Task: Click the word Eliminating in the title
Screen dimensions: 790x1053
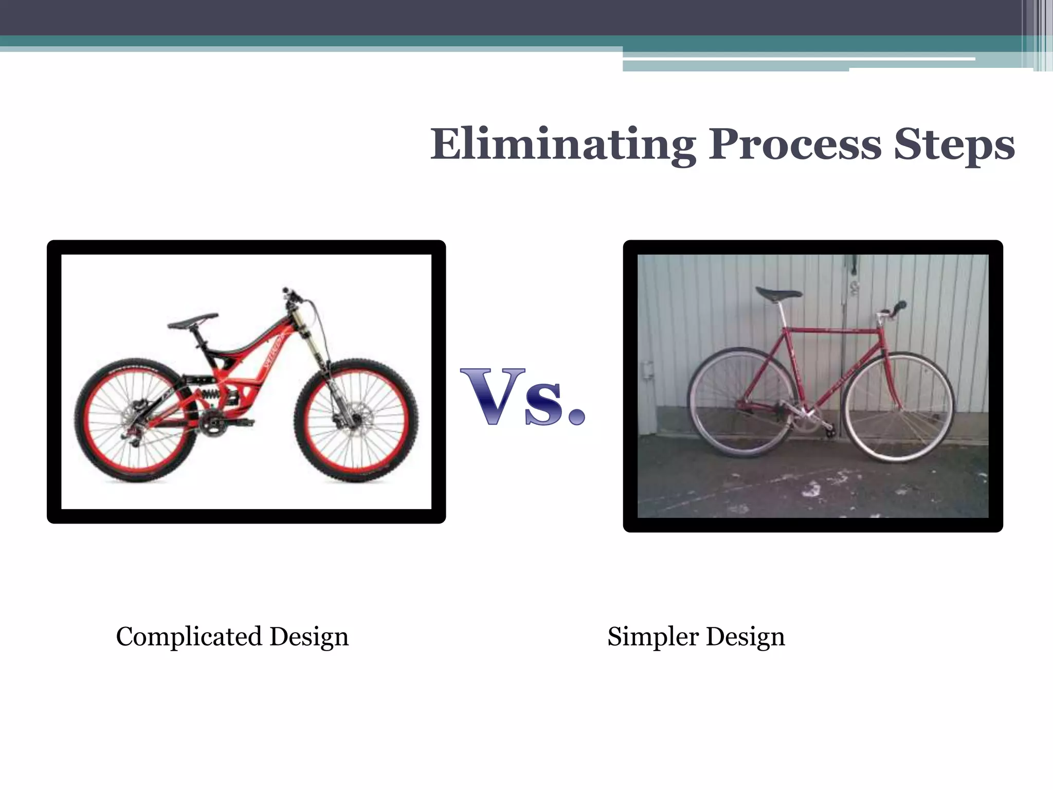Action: pyautogui.click(x=563, y=145)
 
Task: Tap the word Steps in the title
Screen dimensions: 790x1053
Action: pyautogui.click(x=954, y=145)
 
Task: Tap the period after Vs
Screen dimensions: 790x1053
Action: pyautogui.click(x=575, y=415)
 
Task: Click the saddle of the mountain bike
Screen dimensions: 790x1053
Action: pyautogui.click(x=193, y=321)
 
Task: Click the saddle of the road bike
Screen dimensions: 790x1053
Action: pyautogui.click(x=778, y=294)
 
